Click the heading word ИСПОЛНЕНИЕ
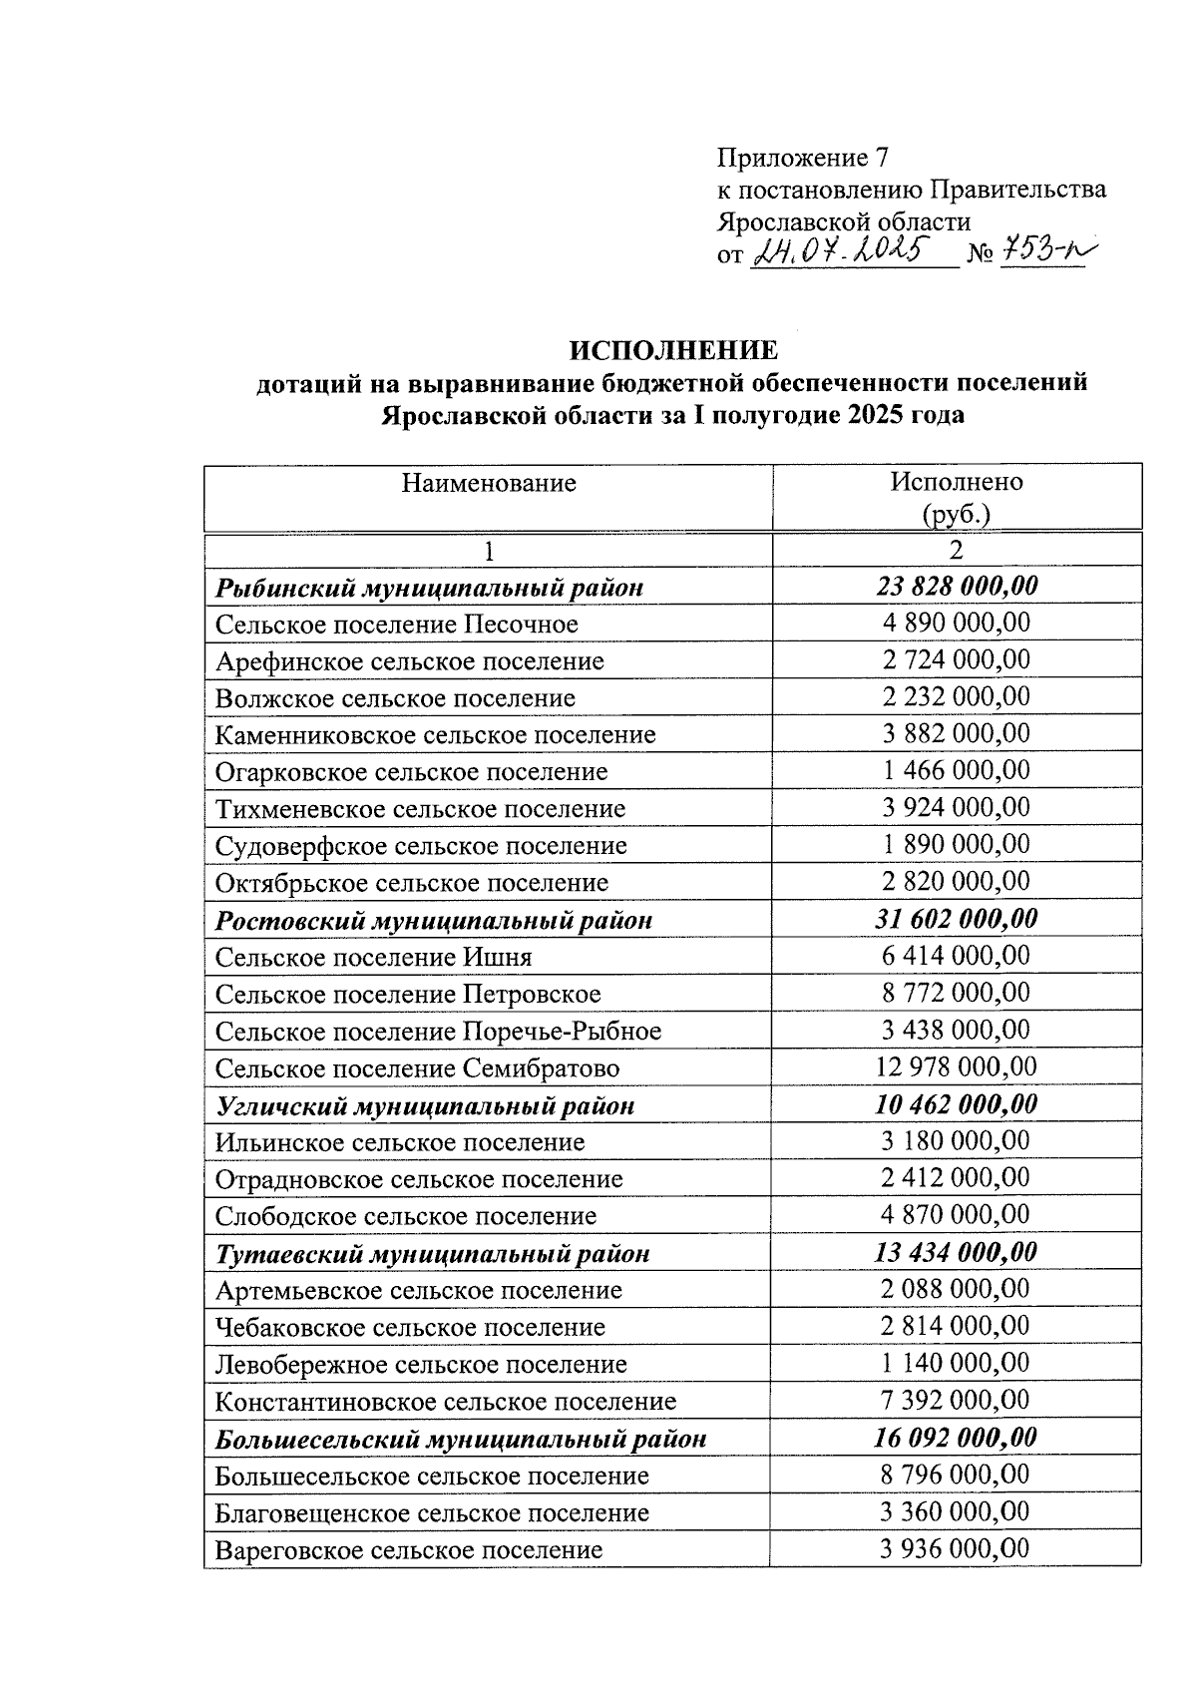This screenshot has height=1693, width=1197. [x=673, y=351]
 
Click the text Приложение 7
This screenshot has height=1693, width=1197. [x=802, y=158]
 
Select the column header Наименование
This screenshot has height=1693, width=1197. [x=489, y=484]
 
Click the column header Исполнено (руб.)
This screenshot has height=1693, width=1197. [x=957, y=497]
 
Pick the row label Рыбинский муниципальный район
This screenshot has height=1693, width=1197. [x=429, y=588]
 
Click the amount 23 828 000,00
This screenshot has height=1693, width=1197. [x=957, y=586]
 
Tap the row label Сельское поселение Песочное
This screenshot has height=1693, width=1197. [x=396, y=625]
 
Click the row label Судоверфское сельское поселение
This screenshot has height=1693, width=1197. [x=421, y=846]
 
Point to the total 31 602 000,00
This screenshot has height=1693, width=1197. [x=957, y=918]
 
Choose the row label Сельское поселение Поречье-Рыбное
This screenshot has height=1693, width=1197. [x=438, y=1031]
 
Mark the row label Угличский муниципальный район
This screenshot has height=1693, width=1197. [x=425, y=1105]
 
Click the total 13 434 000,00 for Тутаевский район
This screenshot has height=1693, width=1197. [x=957, y=1252]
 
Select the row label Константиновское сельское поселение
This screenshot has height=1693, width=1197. [x=445, y=1402]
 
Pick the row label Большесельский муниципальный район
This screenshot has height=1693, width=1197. [x=461, y=1439]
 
